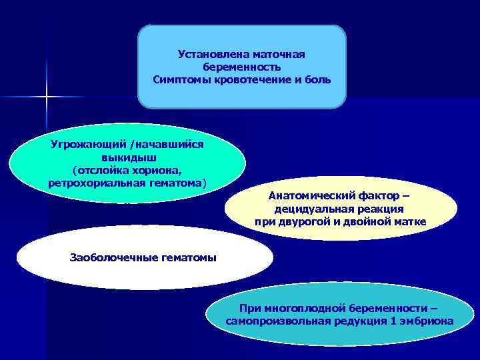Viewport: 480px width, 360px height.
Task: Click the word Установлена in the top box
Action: point(208,54)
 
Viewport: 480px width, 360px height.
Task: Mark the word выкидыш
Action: point(128,157)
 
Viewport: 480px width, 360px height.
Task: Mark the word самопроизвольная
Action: point(281,321)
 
